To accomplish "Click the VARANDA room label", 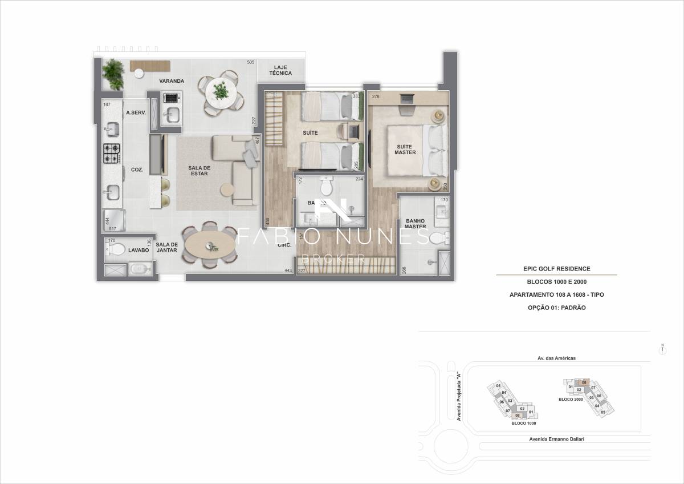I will pos(171,81).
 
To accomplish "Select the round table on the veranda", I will pos(221,91).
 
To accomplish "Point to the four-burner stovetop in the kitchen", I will pos(112,152).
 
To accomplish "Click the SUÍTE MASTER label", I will pos(406,150).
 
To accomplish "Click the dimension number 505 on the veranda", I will pos(250,62).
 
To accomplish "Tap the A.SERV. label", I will pos(136,113).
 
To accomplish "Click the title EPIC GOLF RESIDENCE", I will pos(556,268).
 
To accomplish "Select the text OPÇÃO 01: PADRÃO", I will pos(556,308).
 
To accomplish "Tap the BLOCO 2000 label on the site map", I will pos(570,399).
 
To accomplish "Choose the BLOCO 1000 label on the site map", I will pos(523,424).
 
